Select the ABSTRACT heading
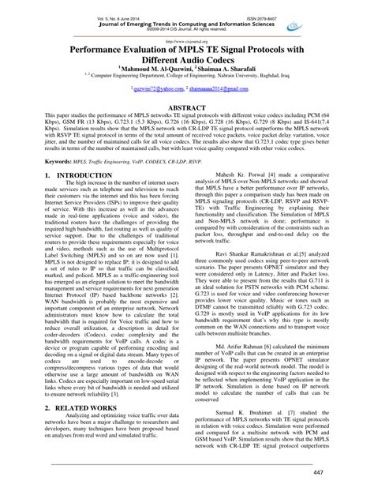(187, 126)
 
